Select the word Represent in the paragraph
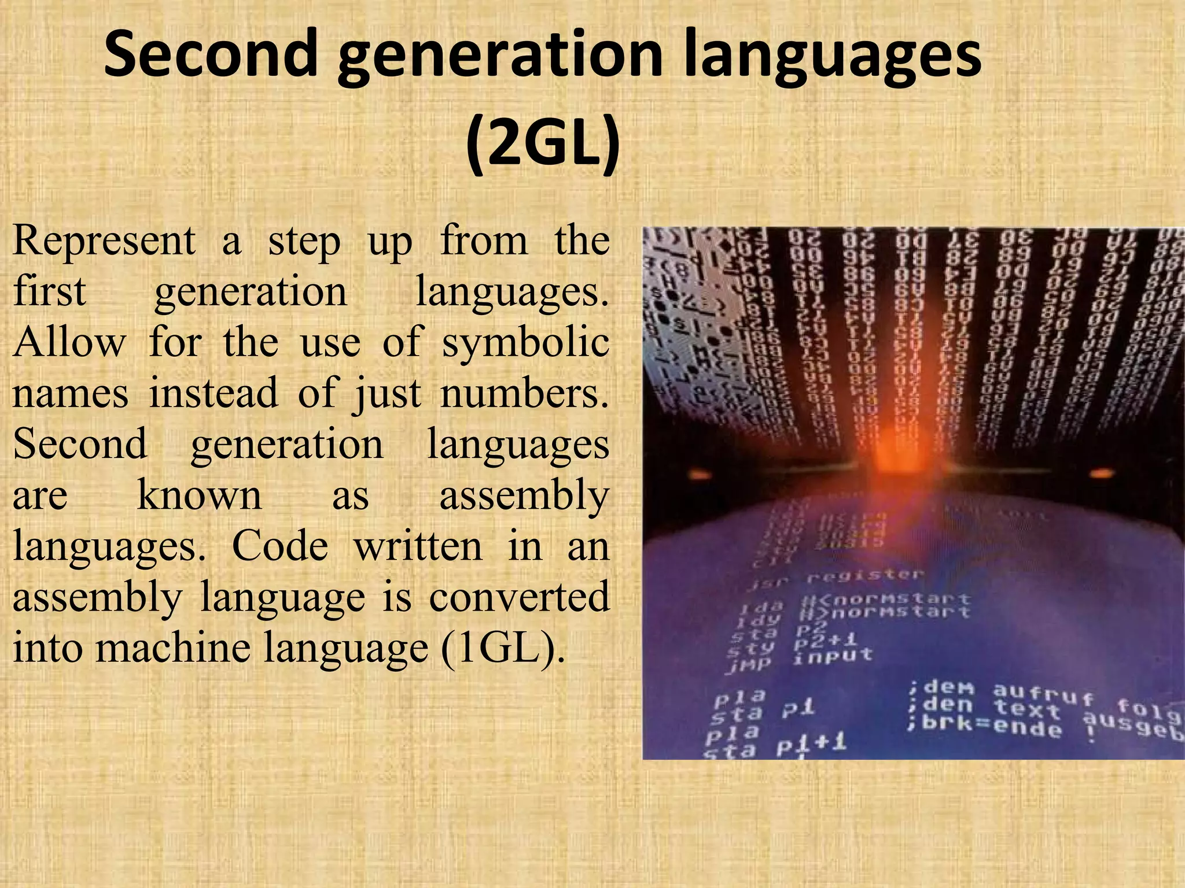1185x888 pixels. click(104, 240)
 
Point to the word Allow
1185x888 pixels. click(69, 342)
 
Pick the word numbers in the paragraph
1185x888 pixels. click(524, 393)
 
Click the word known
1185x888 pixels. click(200, 495)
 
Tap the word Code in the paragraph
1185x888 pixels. click(280, 546)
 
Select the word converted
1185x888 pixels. click(519, 597)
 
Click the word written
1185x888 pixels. click(418, 546)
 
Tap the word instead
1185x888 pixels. click(214, 393)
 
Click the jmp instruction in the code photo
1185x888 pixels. click(748, 665)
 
